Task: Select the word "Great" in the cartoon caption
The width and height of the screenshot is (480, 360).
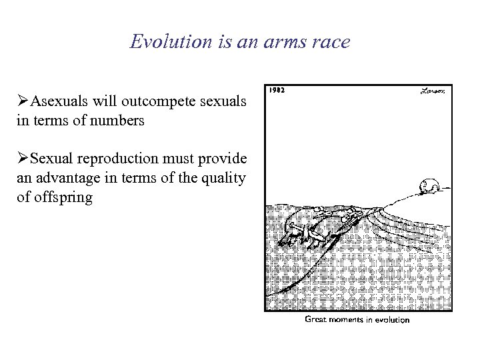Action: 317,319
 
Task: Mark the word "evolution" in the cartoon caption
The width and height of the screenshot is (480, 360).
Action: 393,319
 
